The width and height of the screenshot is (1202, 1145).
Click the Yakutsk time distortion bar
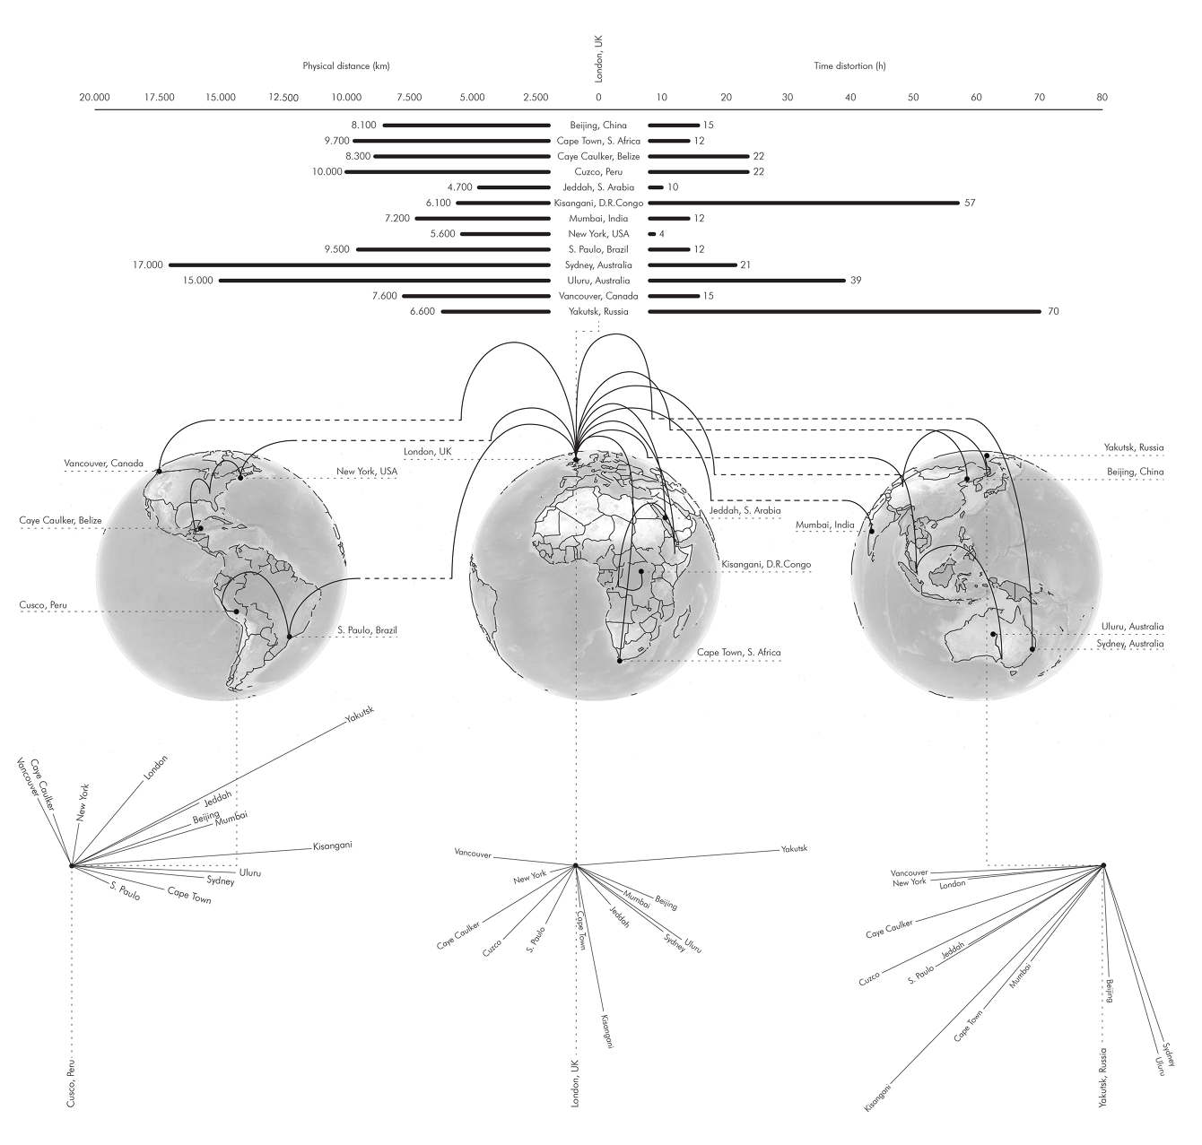843,311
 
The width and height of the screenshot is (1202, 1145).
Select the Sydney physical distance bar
359,265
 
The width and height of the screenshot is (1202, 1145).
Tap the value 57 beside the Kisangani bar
970,203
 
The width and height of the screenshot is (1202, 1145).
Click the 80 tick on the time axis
1102,97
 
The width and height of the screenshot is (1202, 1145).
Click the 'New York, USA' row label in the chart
599,234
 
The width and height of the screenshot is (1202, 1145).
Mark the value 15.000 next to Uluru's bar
198,281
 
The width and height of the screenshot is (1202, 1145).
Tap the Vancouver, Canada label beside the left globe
103,464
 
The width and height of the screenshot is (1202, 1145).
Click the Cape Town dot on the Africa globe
620,661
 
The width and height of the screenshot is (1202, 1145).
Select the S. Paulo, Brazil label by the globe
367,630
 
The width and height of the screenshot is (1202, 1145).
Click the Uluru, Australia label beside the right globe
1132,627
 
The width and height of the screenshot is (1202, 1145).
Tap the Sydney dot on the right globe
1032,648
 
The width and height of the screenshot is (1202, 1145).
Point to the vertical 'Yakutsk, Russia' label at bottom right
1103,1077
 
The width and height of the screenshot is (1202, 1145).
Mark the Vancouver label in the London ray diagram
473,854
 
